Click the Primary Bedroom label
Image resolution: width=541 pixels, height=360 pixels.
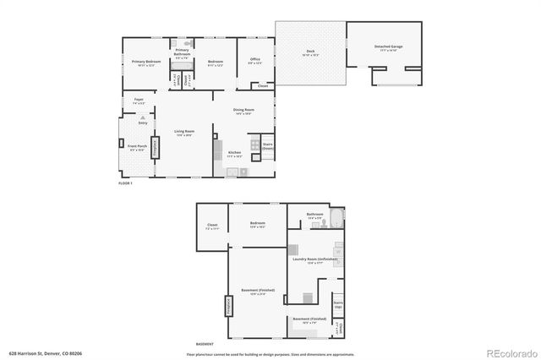[x=146, y=63]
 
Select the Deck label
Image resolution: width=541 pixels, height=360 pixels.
[x=309, y=53]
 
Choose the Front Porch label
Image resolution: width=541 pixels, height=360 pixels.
[x=138, y=146]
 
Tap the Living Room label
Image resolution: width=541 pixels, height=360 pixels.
[x=184, y=131]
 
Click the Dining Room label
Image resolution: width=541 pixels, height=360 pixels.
[x=244, y=110]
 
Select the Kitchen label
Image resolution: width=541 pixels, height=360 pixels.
[x=235, y=153]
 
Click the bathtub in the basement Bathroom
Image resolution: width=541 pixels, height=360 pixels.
[x=336, y=218]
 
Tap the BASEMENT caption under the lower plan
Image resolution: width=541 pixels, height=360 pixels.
[x=205, y=344]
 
